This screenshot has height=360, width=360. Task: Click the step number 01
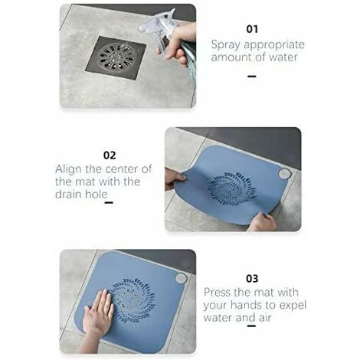251,28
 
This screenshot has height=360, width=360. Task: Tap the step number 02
110,155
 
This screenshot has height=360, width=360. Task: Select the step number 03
251,278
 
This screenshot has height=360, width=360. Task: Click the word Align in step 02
69,169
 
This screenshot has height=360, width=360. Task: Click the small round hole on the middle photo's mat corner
284,174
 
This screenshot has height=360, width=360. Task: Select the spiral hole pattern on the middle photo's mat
229,188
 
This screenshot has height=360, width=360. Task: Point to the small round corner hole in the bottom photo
181,278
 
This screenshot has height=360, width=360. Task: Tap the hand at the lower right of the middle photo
263,222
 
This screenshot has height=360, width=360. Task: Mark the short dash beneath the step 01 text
251,76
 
